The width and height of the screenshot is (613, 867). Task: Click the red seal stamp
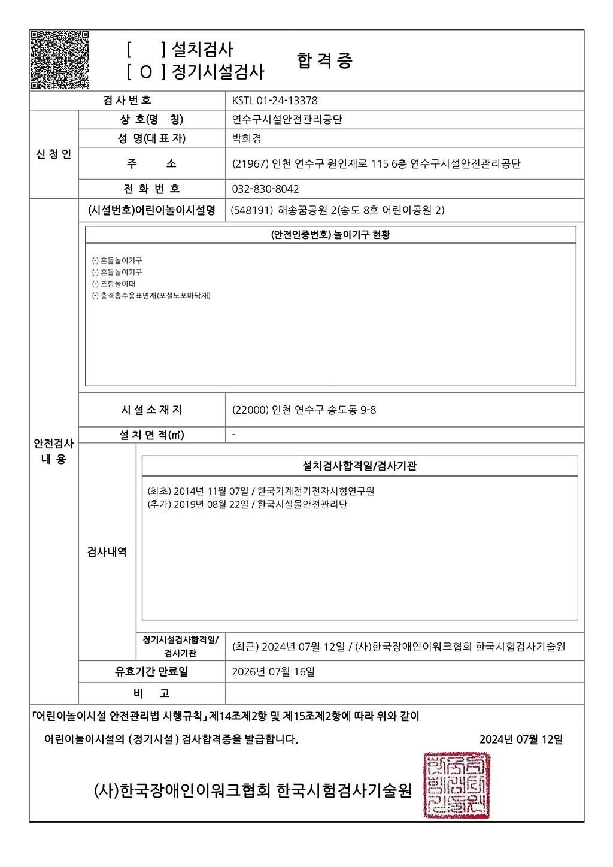pos(457,786)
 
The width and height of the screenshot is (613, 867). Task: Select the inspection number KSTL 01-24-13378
pos(275,101)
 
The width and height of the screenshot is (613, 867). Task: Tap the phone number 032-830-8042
pos(265,189)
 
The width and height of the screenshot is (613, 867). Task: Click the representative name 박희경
pos(247,138)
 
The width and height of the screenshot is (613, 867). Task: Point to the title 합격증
pos(324,60)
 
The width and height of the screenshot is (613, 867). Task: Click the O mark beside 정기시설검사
pos(147,73)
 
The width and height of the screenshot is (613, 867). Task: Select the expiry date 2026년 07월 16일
pos(273,672)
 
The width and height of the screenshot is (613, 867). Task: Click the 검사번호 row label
pos(127,100)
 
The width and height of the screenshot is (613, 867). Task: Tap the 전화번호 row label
pos(151,189)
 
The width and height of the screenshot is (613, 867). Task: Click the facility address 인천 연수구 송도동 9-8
pos(304,410)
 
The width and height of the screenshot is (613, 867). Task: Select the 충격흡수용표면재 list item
pos(151,296)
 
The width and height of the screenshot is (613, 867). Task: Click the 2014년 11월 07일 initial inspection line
pos(260,491)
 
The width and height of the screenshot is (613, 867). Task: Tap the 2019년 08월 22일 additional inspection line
pos(247,504)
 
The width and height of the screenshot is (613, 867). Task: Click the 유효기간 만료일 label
pos(151,672)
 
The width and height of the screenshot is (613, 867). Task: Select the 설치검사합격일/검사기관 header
pos(360,466)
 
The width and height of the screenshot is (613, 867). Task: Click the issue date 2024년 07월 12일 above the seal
pos(521,739)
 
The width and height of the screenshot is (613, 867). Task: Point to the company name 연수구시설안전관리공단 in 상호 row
pos(287,120)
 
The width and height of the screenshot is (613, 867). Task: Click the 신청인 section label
pos(54,154)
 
